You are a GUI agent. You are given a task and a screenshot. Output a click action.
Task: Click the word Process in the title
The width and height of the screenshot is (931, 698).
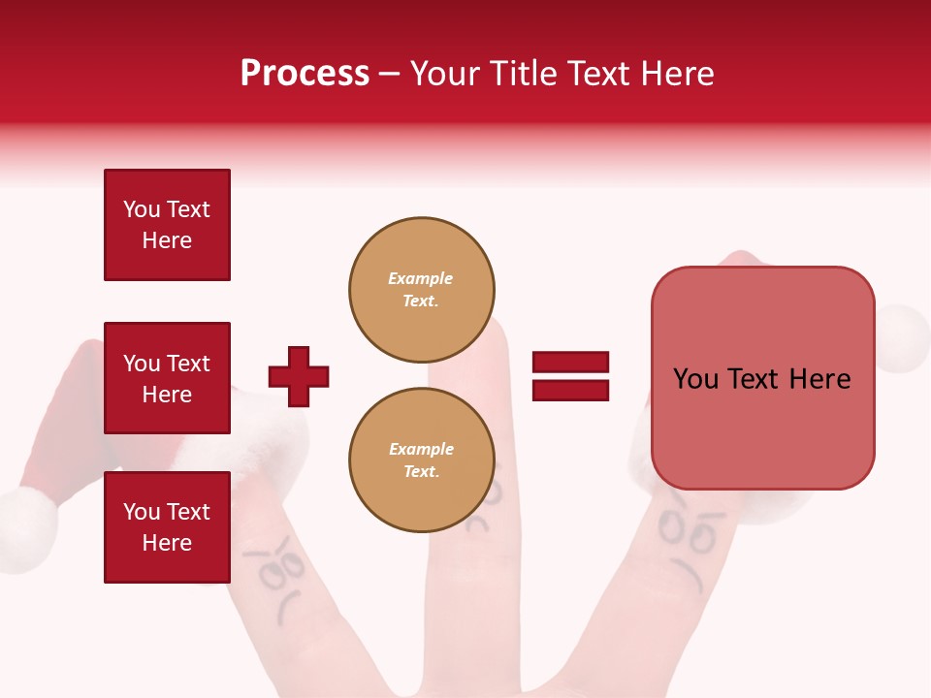[305, 74]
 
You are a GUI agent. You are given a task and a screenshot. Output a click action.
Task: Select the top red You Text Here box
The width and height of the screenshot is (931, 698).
[167, 225]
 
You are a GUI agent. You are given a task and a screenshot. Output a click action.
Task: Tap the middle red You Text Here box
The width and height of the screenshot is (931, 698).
[167, 378]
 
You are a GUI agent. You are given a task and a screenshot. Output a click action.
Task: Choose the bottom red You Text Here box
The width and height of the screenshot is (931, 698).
[167, 526]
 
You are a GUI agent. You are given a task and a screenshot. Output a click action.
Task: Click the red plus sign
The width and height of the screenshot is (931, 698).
[299, 376]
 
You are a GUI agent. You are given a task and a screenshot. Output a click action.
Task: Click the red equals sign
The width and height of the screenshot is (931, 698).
[570, 376]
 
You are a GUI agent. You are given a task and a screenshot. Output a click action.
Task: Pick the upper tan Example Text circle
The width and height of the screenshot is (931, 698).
[421, 290]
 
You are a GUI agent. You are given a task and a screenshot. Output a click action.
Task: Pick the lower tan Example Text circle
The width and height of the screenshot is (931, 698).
[421, 460]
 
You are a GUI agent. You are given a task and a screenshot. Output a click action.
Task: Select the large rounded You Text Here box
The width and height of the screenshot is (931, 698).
[762, 378]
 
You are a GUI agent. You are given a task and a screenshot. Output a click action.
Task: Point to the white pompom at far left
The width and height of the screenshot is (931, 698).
[26, 528]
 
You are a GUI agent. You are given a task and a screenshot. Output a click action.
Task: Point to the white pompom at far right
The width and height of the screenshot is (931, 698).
[903, 337]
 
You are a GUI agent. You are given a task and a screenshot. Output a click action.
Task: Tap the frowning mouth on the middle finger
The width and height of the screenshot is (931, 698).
[477, 524]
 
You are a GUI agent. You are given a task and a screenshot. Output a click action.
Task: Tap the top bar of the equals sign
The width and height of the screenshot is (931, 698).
[570, 363]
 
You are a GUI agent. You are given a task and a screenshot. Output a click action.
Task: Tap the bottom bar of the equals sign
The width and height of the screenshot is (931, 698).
[570, 390]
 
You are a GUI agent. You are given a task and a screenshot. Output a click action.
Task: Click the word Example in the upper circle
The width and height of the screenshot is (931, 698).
[420, 278]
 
